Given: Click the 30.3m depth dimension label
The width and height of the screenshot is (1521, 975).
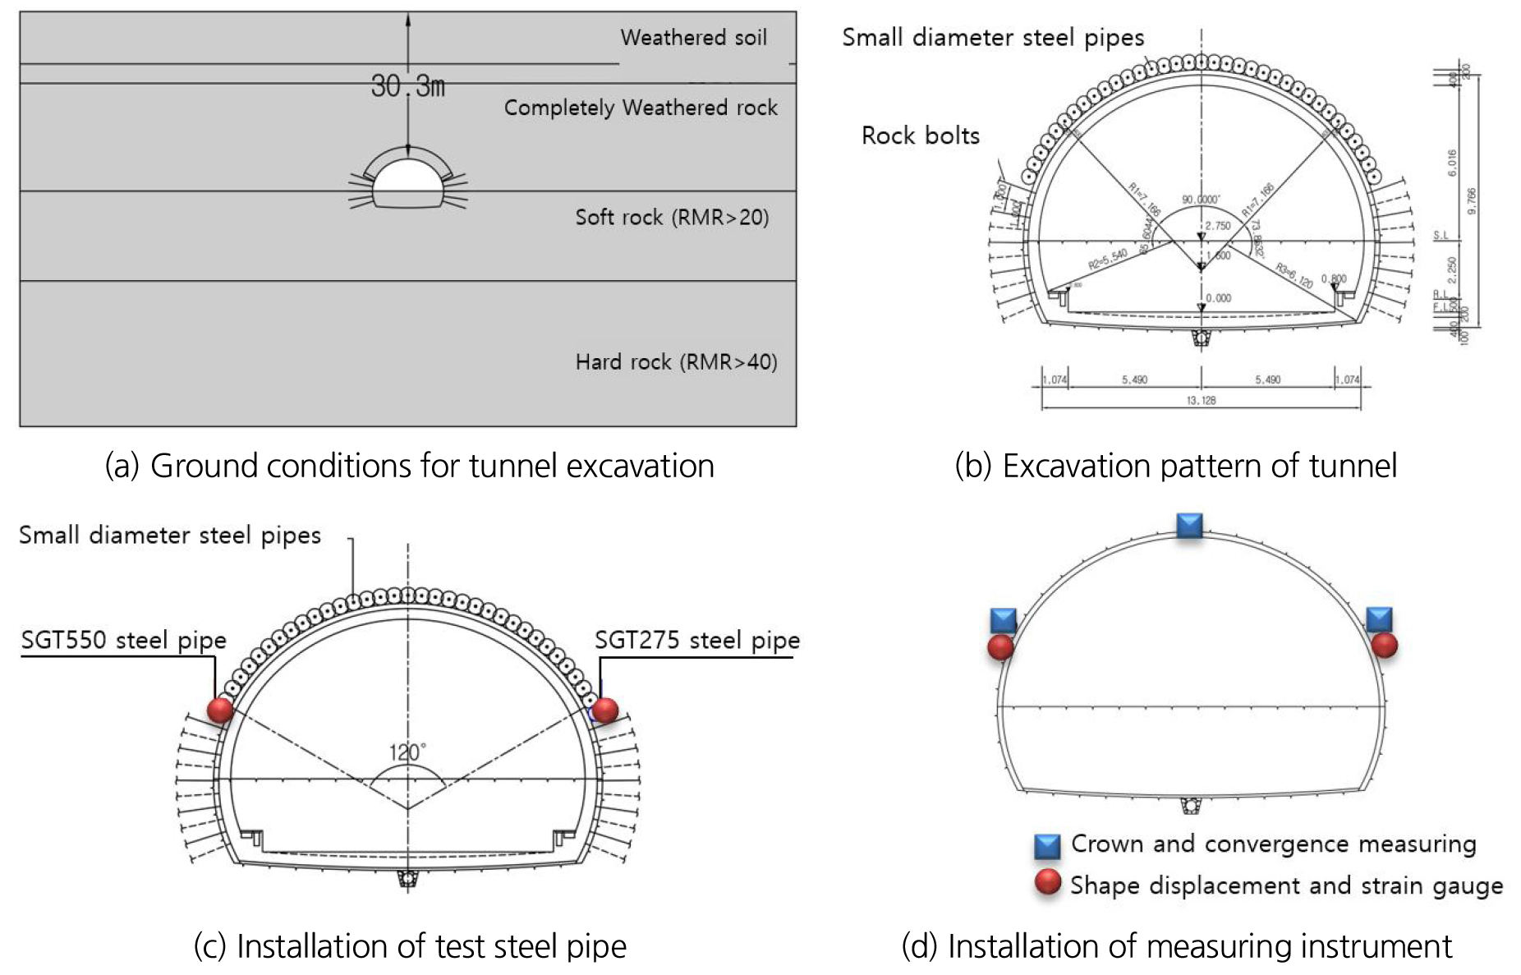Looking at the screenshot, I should (407, 85).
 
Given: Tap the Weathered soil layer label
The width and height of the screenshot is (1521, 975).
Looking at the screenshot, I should (693, 38).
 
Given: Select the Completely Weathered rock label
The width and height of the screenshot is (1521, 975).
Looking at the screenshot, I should (641, 108).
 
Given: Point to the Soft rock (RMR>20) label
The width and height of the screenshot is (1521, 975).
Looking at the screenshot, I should (672, 218).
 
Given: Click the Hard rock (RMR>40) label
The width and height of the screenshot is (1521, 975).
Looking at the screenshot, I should (676, 362).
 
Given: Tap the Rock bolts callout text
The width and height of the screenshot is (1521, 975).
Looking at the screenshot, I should (920, 136).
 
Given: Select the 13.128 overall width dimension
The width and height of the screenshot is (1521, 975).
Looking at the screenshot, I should (1201, 400).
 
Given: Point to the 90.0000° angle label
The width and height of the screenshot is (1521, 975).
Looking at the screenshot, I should (1200, 200).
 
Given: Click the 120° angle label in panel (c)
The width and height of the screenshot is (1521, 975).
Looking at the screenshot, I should (407, 752).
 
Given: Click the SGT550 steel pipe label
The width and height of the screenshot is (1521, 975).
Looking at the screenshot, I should (124, 641).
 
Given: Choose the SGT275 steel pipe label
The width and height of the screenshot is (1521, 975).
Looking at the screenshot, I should (696, 641).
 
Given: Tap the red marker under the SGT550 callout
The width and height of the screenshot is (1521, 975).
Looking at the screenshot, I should (220, 710).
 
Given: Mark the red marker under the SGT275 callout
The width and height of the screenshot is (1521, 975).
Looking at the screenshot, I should (604, 710).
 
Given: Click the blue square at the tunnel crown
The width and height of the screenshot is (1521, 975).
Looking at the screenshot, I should (1189, 526).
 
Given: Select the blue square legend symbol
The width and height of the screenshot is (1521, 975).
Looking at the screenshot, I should (1047, 846).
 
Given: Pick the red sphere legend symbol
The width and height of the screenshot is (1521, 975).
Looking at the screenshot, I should (1047, 883).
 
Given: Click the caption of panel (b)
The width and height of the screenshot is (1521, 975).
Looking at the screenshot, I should (1175, 466).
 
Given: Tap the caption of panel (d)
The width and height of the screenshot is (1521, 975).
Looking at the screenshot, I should (1176, 946).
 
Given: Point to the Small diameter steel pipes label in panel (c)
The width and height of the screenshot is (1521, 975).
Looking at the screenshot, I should (170, 536).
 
